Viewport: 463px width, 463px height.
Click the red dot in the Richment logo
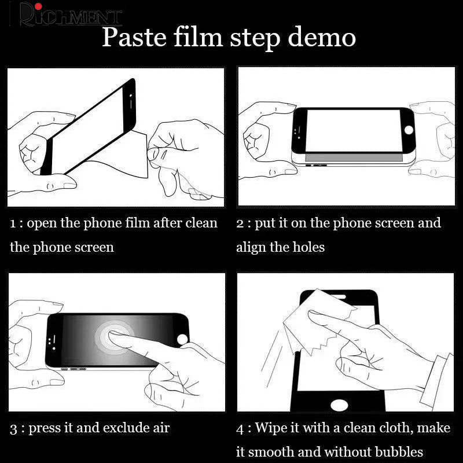tap(38, 6)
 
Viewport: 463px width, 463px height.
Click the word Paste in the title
tap(134, 37)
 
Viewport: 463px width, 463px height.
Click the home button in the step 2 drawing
tap(409, 130)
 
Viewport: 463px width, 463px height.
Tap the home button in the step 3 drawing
tap(182, 339)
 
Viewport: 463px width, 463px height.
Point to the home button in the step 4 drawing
tap(339, 405)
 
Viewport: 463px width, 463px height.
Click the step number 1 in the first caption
tap(12, 223)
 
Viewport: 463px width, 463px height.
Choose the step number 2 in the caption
tap(240, 223)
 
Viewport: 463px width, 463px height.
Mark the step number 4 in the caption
tap(240, 429)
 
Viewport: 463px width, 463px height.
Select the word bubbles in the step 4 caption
tap(399, 452)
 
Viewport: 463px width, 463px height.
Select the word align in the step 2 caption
tap(251, 248)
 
